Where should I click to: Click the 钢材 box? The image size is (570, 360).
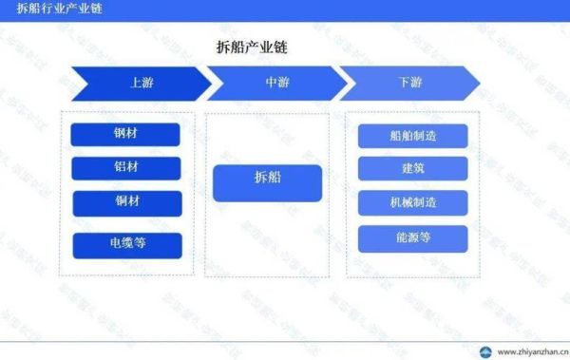coord(125,135)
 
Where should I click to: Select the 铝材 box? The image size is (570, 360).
coord(125,168)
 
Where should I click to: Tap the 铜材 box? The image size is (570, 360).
coord(125,202)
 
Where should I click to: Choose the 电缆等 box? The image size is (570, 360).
coord(127,245)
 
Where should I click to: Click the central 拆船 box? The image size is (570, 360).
coord(268,182)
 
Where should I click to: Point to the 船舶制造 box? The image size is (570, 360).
coord(412,136)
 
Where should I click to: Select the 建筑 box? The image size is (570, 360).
coord(412,169)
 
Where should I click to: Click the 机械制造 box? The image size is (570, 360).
coord(412,202)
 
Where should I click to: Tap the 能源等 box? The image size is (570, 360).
coord(412,237)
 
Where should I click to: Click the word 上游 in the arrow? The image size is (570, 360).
coord(142,84)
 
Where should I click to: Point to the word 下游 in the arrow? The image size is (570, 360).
coord(411,84)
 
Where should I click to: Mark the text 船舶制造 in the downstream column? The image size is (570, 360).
coord(412,136)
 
